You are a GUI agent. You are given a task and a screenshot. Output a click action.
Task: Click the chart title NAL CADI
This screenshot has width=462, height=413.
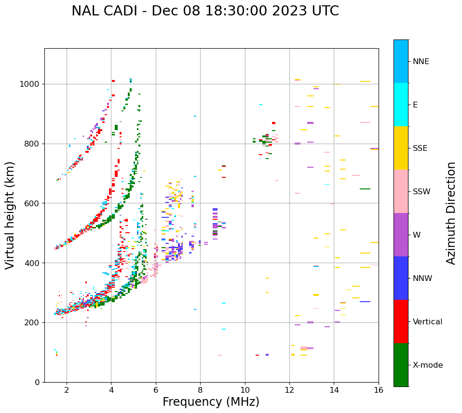[205, 11]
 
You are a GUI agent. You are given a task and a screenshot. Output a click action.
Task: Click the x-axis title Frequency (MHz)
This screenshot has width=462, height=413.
[211, 402]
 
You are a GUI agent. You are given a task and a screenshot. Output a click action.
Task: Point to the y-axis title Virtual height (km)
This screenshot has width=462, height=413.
[10, 215]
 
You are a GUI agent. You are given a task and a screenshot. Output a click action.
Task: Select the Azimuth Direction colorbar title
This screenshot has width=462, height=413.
[451, 213]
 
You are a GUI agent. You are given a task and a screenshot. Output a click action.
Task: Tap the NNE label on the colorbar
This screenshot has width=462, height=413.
[421, 62]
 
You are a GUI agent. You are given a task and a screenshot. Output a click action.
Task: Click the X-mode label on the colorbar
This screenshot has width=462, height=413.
[428, 365]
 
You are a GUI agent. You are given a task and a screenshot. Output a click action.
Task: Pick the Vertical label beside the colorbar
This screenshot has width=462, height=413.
[427, 322]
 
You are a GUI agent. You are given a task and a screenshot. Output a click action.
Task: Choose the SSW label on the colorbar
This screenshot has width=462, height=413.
[421, 192]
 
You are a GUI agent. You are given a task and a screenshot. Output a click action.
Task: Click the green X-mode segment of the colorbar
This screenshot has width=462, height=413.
[401, 365]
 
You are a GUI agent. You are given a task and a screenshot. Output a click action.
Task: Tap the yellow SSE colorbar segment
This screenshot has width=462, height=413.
[401, 148]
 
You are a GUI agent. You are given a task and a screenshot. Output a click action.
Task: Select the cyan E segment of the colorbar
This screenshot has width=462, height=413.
[401, 105]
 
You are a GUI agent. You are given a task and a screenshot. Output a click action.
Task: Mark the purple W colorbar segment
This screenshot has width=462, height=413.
[401, 235]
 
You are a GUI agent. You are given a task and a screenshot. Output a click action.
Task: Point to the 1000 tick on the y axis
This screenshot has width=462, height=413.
[29, 84]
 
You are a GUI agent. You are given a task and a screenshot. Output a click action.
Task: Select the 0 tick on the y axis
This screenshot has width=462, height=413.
[37, 382]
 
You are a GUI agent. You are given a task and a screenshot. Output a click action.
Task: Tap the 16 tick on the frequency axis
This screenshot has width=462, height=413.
[379, 390]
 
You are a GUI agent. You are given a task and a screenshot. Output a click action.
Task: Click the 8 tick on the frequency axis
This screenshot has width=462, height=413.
[200, 390]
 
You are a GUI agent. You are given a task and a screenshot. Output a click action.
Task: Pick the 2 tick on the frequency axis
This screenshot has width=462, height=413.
[67, 390]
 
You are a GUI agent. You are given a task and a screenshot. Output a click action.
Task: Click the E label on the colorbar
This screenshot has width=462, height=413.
[415, 105]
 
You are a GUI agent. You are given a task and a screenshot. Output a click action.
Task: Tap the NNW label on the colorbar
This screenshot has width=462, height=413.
[422, 279]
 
